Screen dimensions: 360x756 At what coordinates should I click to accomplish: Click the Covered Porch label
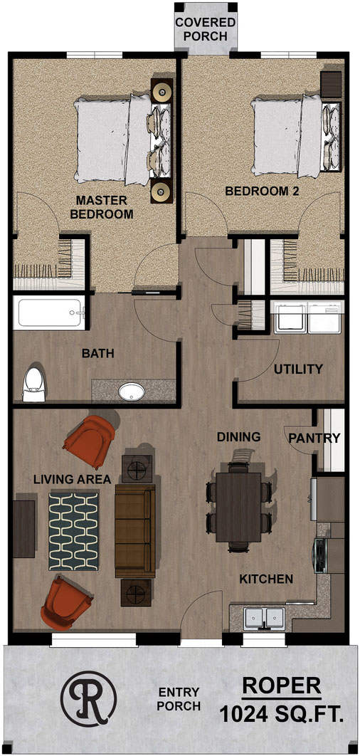click(x=206, y=29)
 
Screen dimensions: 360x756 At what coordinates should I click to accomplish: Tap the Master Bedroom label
click(x=102, y=207)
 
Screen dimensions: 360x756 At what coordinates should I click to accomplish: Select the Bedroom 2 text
click(x=262, y=191)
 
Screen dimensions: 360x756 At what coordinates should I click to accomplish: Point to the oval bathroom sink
click(x=131, y=392)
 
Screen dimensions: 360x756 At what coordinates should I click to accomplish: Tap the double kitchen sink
click(x=264, y=618)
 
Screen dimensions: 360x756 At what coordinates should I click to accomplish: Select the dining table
click(x=238, y=507)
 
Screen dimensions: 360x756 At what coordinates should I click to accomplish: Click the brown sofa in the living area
click(x=135, y=531)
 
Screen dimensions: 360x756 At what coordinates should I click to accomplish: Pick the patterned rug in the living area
click(x=73, y=531)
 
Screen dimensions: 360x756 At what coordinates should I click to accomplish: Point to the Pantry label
click(x=314, y=439)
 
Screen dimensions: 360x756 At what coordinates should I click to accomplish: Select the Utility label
click(x=298, y=369)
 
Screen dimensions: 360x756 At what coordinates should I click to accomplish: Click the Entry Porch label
click(x=179, y=699)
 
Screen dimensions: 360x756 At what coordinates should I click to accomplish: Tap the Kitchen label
click(x=267, y=579)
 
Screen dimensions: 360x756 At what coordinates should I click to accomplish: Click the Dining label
click(x=238, y=437)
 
